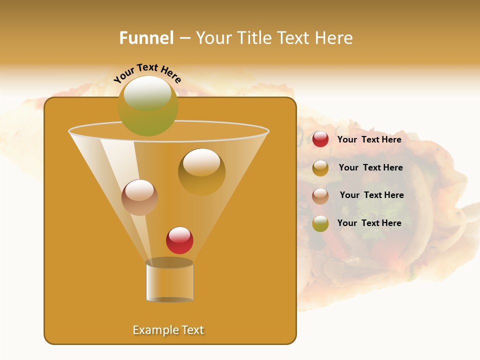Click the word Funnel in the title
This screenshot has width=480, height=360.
point(146,38)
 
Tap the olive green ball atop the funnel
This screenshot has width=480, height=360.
point(148,105)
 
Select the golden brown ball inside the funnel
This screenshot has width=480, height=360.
point(201,172)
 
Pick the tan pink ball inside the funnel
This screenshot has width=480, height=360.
point(140,197)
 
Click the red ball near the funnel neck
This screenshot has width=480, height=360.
point(180,240)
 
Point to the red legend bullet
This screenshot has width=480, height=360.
point(320,139)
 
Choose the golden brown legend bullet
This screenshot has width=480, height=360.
point(320,168)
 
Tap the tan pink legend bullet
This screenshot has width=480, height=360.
point(320,196)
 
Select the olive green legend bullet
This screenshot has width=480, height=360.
point(320,223)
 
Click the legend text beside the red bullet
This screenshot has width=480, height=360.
point(369,139)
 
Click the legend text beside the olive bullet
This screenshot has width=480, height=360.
point(369,223)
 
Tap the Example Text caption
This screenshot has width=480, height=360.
point(168,330)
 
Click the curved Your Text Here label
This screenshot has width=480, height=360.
point(147,73)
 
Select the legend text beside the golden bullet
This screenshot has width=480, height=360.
point(370,167)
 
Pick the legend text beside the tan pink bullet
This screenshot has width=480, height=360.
point(371,195)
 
